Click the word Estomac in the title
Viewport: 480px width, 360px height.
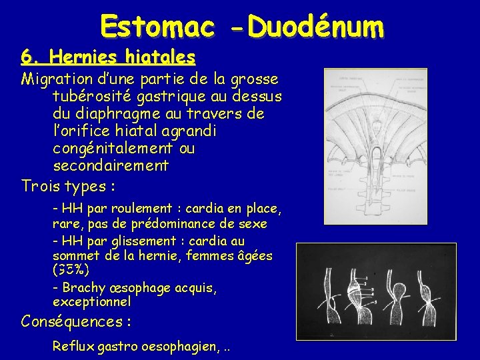tap(157, 27)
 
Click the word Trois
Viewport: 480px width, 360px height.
tap(43, 185)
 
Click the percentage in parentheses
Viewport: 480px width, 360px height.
tap(70, 271)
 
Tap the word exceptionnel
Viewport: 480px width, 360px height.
tap(94, 302)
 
